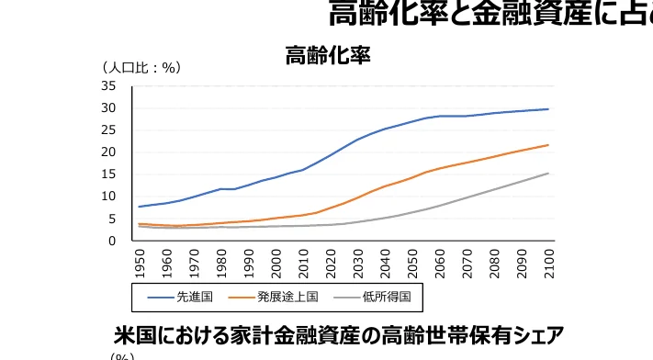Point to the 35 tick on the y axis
(x=108, y=86)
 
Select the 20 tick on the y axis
(x=108, y=152)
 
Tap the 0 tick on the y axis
(x=112, y=241)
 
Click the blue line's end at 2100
(x=548, y=109)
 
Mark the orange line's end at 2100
(x=548, y=145)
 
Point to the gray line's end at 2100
(x=548, y=174)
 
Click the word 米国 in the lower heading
(x=130, y=333)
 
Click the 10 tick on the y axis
(x=108, y=197)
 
